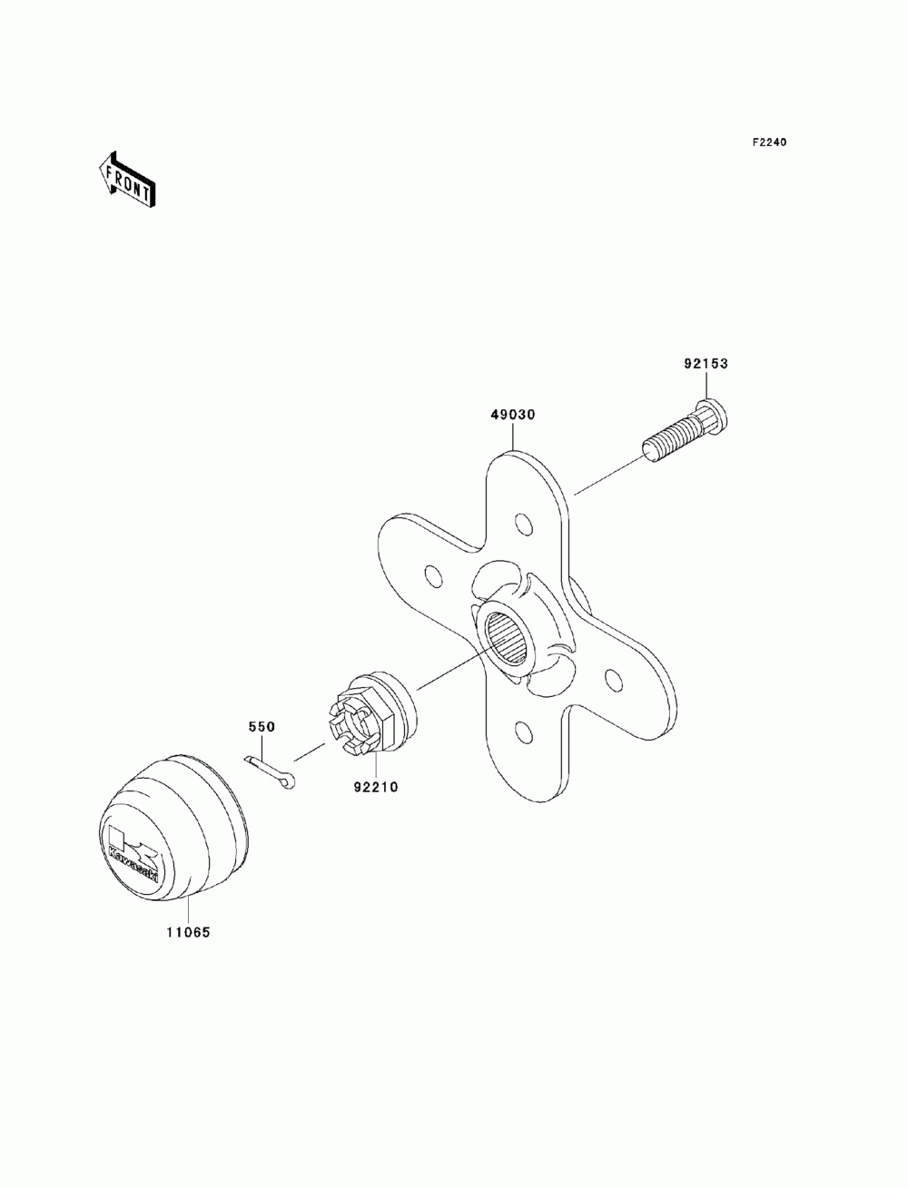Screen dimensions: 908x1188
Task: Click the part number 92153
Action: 706,364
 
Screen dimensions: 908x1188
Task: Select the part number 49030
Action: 513,415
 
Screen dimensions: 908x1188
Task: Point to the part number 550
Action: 262,727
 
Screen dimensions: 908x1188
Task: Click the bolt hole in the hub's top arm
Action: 523,525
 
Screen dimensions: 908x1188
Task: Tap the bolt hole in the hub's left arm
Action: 434,576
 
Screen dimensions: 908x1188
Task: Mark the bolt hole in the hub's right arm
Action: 613,678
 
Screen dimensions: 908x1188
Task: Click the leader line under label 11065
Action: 187,911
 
